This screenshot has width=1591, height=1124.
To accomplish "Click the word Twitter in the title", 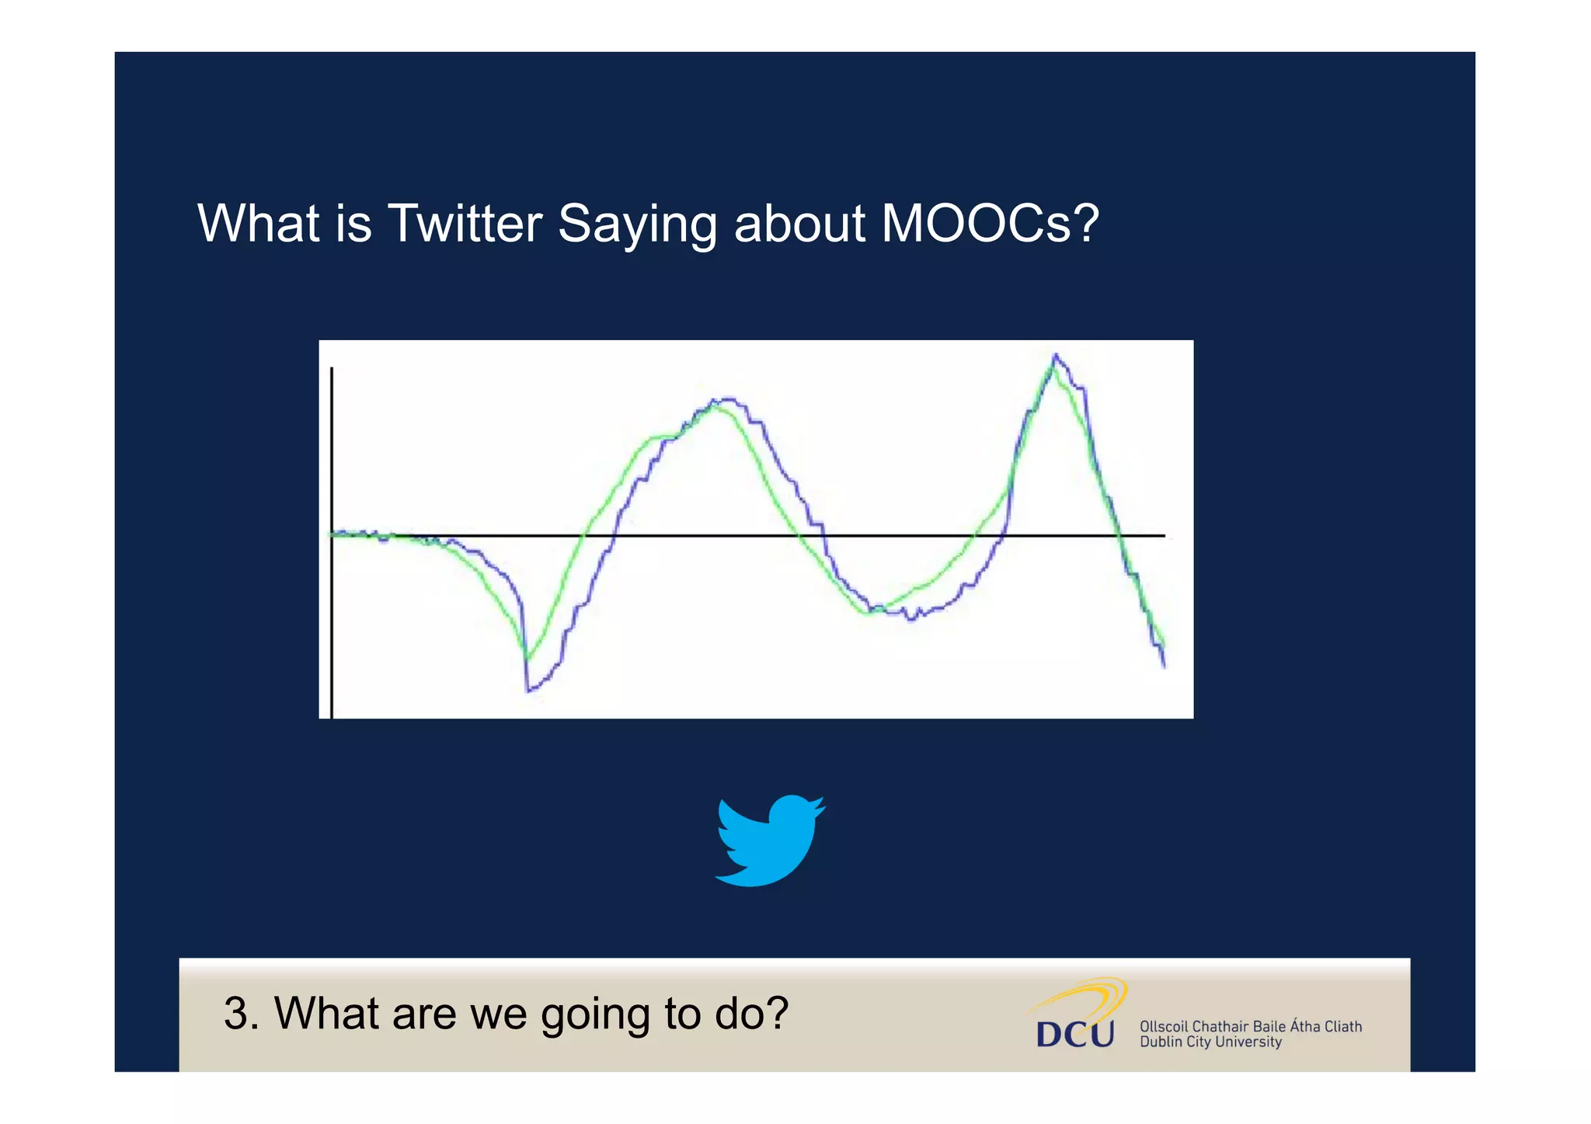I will click(x=464, y=224).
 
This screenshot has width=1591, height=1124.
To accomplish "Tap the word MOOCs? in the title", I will click(x=990, y=224).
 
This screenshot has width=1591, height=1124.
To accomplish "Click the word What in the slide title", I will click(x=258, y=224).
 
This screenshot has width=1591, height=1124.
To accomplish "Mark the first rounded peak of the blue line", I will click(x=727, y=399).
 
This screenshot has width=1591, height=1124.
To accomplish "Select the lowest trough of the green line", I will click(x=527, y=659).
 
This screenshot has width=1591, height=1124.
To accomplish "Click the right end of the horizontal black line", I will click(x=1163, y=535).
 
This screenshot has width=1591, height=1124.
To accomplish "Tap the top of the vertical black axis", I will click(x=332, y=370).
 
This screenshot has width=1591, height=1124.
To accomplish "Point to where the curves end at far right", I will click(x=1163, y=656).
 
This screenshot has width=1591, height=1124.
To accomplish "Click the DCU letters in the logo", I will click(x=1075, y=1034).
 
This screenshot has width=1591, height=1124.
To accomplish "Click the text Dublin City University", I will click(x=1210, y=1042).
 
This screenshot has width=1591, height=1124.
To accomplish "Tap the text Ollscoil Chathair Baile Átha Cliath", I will click(x=1250, y=1026).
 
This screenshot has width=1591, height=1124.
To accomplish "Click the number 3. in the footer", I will click(x=240, y=1014).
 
